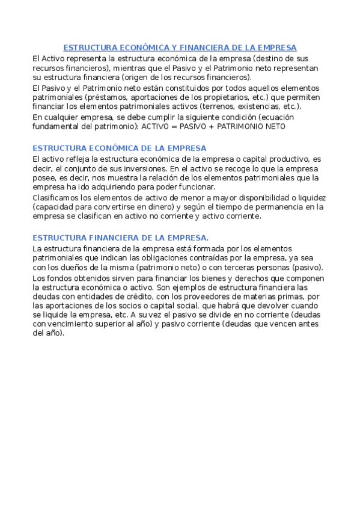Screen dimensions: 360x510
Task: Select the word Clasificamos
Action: coord(55,197)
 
